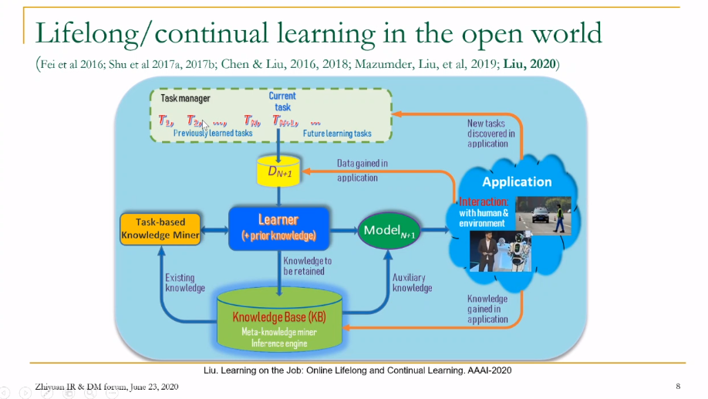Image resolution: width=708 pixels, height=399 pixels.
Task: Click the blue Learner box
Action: click(278, 227)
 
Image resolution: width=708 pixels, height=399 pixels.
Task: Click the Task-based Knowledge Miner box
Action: click(160, 229)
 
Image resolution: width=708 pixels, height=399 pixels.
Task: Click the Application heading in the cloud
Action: click(517, 182)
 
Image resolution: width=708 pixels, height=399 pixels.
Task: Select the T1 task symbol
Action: click(166, 120)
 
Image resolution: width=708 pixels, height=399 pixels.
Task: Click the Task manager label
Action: click(185, 99)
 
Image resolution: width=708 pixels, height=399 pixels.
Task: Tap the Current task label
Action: click(282, 101)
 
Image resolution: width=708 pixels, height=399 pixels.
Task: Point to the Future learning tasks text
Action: click(336, 134)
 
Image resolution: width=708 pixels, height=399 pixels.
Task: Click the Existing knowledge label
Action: click(185, 282)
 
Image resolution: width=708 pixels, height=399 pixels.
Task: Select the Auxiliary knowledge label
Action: click(413, 282)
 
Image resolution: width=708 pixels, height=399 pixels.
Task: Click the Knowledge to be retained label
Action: click(307, 266)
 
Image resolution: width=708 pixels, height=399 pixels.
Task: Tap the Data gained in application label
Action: click(362, 170)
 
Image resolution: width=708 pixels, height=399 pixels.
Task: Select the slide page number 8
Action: click(677, 385)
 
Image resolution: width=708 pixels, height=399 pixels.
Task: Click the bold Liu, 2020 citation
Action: click(531, 63)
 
